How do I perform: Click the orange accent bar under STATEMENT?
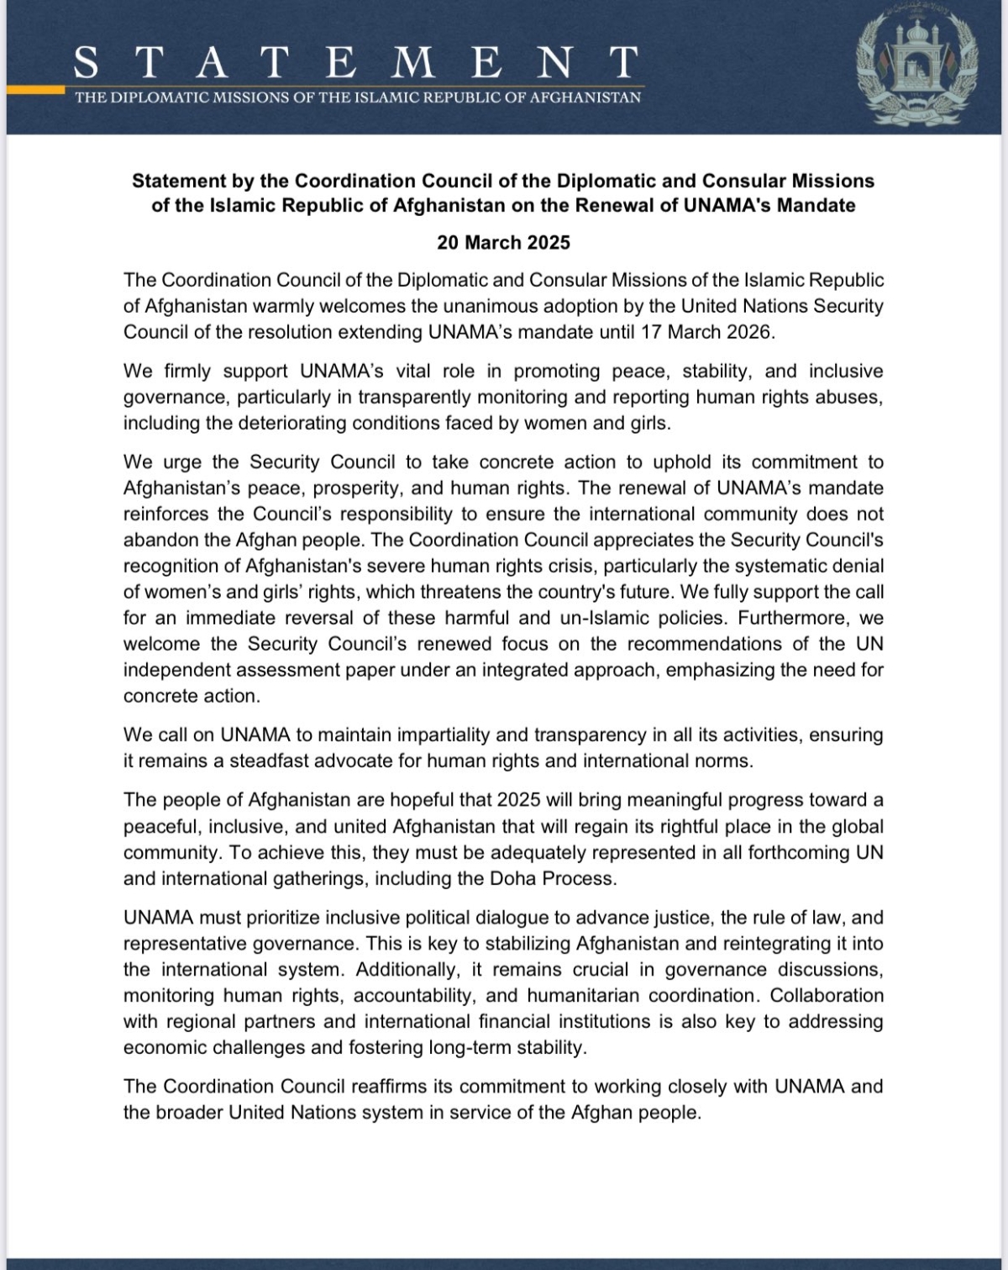35,88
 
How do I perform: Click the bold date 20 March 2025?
503,243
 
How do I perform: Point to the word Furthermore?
799,618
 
